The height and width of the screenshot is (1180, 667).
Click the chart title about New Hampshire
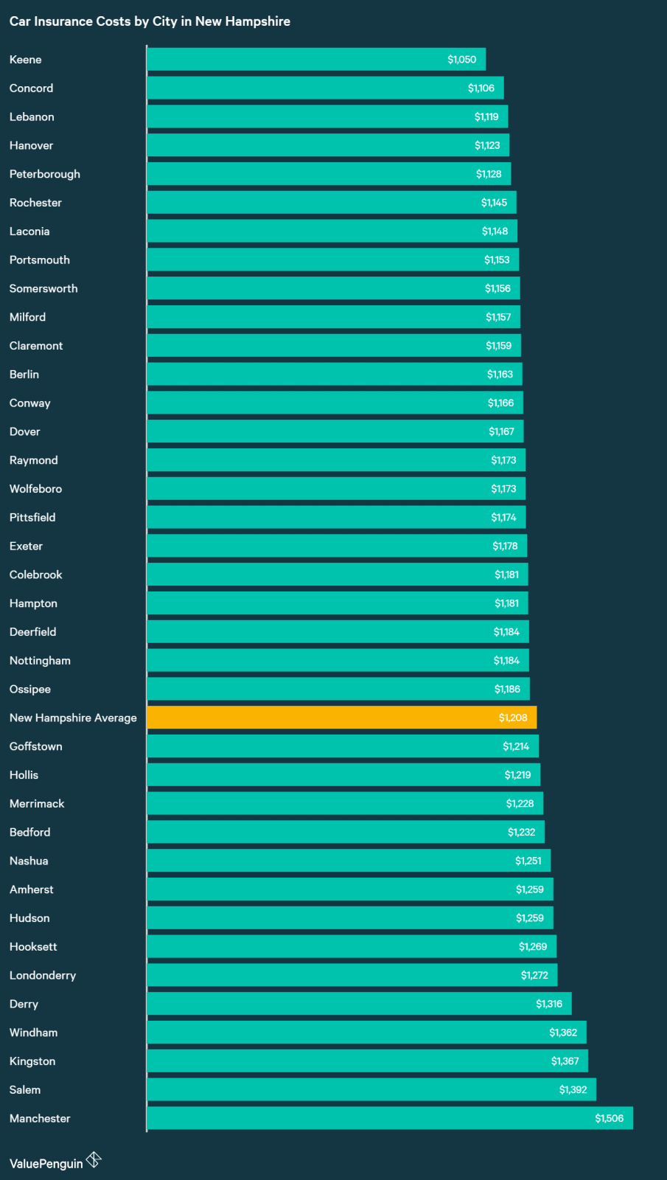pyautogui.click(x=150, y=21)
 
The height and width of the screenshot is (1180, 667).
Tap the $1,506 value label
pyautogui.click(x=609, y=1118)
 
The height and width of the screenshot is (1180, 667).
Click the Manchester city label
pyautogui.click(x=40, y=1118)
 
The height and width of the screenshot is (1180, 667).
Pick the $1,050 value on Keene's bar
pyautogui.click(x=461, y=60)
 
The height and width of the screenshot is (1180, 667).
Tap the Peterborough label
pyautogui.click(x=45, y=174)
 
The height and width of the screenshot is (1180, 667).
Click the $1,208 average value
pyautogui.click(x=513, y=718)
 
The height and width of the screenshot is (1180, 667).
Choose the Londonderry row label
pyautogui.click(x=43, y=975)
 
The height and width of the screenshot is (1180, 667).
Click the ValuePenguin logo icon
pyautogui.click(x=94, y=1160)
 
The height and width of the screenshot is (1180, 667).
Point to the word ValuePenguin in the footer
pyautogui.click(x=46, y=1164)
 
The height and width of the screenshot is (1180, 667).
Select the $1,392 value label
pyautogui.click(x=573, y=1089)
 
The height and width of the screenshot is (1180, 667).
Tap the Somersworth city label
pyautogui.click(x=43, y=288)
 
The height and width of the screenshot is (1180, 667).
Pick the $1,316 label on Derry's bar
pyautogui.click(x=549, y=1004)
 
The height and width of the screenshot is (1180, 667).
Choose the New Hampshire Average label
pyautogui.click(x=73, y=718)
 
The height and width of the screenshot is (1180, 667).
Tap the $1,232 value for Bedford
pyautogui.click(x=521, y=832)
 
